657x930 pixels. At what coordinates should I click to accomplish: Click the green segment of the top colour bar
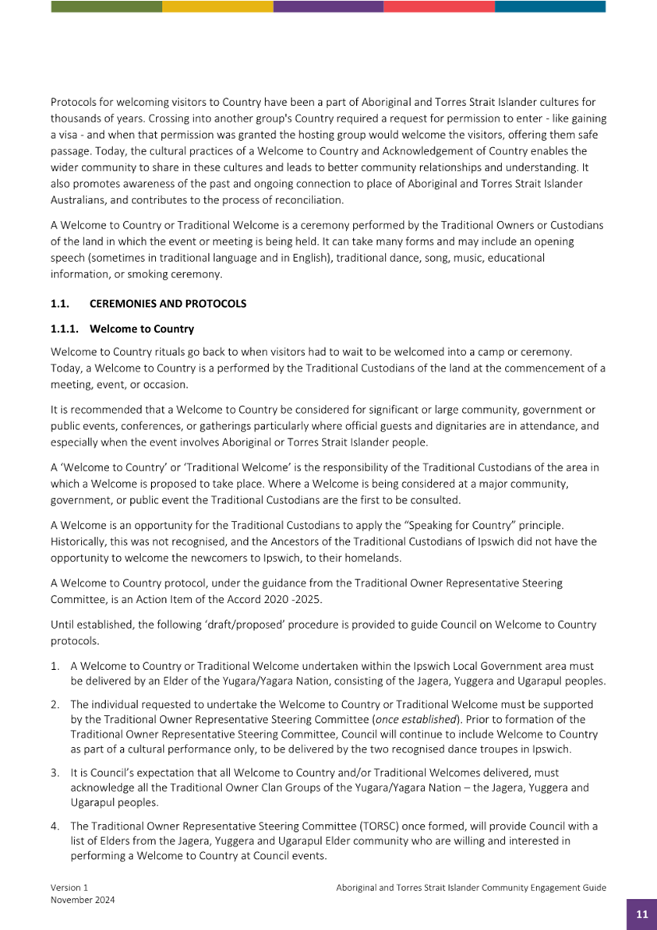pos(106,6)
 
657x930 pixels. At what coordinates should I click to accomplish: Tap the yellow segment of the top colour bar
pos(217,6)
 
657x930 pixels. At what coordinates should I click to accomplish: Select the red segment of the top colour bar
pos(439,6)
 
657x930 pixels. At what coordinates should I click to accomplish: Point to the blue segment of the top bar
pos(549,6)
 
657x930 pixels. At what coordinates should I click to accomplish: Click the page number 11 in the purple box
pos(641,914)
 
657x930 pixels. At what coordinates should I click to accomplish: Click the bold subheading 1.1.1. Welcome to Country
pos(122,329)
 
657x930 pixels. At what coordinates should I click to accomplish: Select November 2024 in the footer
pos(83,900)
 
